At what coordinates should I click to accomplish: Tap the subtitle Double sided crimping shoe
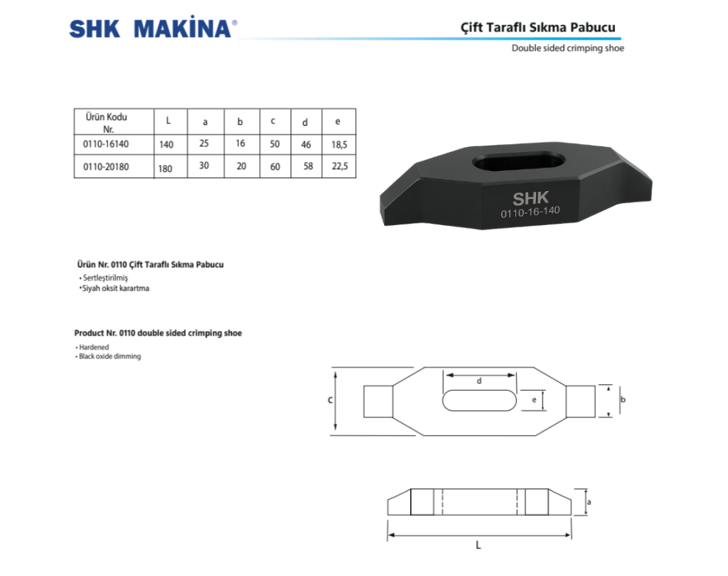tap(567, 48)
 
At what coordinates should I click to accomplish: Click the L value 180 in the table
tap(166, 168)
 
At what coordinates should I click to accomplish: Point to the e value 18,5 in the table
tap(338, 144)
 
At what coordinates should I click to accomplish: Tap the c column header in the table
tap(273, 121)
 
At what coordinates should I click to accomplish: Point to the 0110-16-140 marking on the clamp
tap(530, 213)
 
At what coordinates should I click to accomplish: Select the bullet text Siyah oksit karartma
tap(115, 288)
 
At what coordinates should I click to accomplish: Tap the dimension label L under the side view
tap(478, 545)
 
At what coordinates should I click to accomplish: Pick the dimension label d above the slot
tap(479, 381)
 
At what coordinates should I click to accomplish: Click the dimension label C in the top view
tap(331, 401)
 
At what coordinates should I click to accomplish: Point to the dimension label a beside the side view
tap(590, 501)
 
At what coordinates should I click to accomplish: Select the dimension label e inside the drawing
tap(534, 400)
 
